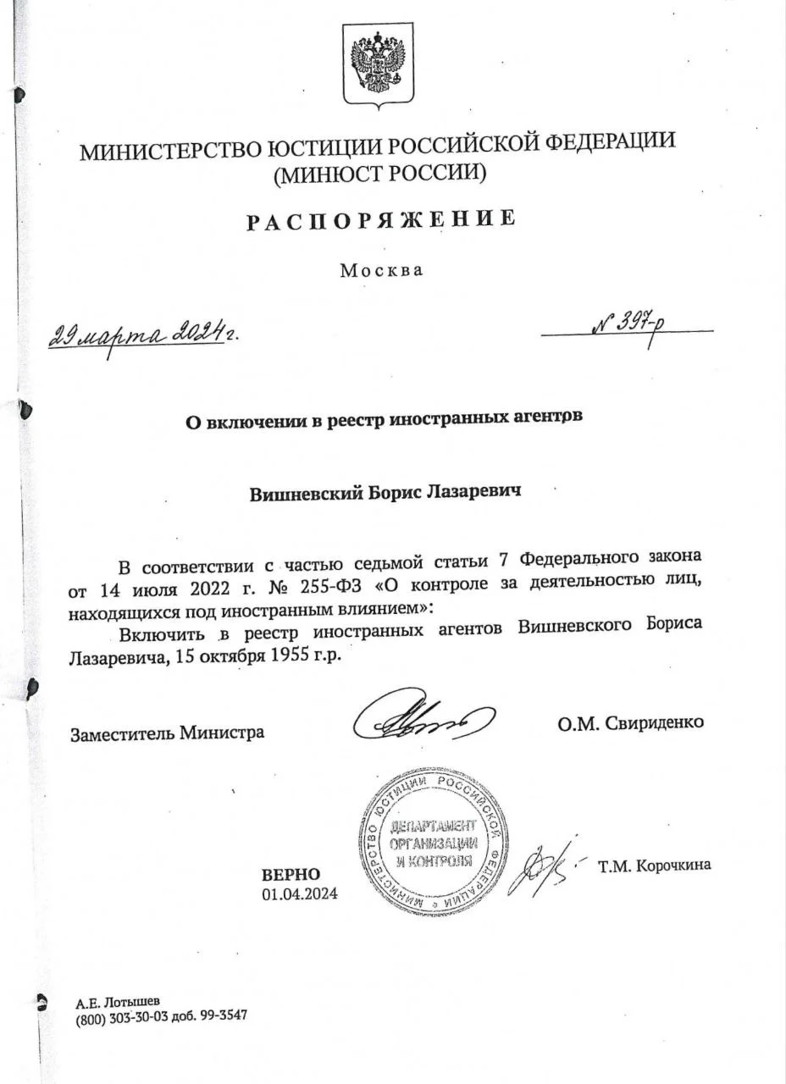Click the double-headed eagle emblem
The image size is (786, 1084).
[x=378, y=64]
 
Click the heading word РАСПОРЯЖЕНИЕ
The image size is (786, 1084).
[x=381, y=219]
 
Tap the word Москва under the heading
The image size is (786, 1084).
[x=380, y=271]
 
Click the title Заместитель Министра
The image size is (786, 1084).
[x=167, y=732]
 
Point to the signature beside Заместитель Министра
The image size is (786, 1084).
[x=423, y=721]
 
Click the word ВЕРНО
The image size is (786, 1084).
[x=291, y=874]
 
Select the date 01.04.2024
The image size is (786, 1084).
[x=300, y=893]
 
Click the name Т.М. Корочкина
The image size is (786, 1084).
[x=654, y=866]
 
